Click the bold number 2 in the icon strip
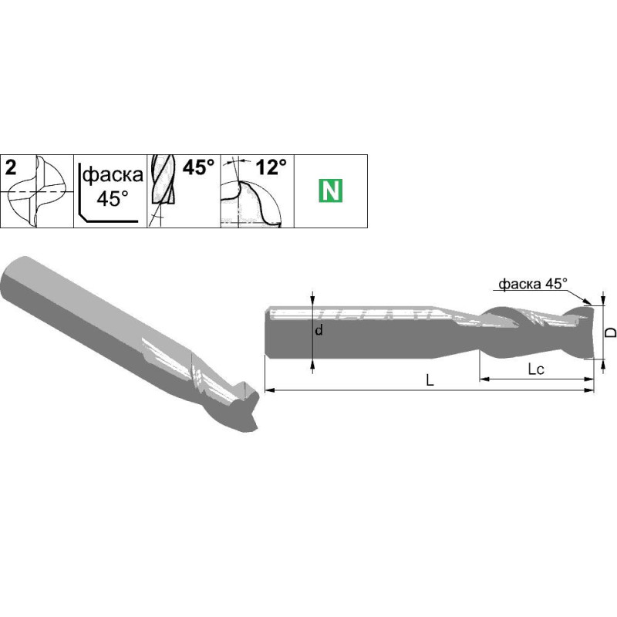point(11,168)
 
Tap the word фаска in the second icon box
point(113,174)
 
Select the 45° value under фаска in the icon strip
point(113,198)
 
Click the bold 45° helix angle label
point(199,167)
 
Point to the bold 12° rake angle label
point(271,167)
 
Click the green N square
point(331,190)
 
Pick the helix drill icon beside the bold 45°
point(163,190)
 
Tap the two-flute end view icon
point(37,191)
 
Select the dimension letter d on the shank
point(319,330)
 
